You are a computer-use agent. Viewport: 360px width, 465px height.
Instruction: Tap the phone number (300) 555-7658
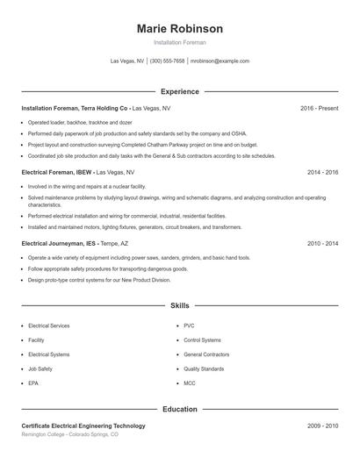coord(167,61)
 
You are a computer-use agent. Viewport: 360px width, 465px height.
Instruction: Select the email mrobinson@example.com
coord(220,61)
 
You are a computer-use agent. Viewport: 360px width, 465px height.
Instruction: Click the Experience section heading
coord(180,91)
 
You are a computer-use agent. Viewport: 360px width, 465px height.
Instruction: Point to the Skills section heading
coord(180,305)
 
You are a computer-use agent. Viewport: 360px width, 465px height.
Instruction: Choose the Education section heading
coord(180,409)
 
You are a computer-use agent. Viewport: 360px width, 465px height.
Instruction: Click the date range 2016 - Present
coord(319,108)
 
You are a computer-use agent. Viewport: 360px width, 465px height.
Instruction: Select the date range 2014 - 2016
coord(322,173)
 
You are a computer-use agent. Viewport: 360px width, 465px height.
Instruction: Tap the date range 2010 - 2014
coord(322,243)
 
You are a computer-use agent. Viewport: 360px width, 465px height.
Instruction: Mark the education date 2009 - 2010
coord(322,426)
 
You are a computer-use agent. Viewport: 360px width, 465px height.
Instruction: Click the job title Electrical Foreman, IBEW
coord(56,173)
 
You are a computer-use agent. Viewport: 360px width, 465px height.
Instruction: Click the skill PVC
coord(189,325)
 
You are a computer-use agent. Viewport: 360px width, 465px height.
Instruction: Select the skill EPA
coord(33,383)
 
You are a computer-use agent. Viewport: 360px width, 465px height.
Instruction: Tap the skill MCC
coord(190,383)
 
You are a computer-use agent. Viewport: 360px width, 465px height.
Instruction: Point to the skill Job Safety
coord(40,369)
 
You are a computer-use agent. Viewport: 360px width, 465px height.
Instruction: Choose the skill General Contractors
coord(206,354)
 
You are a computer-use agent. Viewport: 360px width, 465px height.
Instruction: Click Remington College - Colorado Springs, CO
coord(70,434)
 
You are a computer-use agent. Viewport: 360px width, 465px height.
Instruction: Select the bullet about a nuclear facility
coord(87,187)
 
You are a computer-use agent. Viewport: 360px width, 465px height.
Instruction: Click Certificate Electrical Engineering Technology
coord(83,426)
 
